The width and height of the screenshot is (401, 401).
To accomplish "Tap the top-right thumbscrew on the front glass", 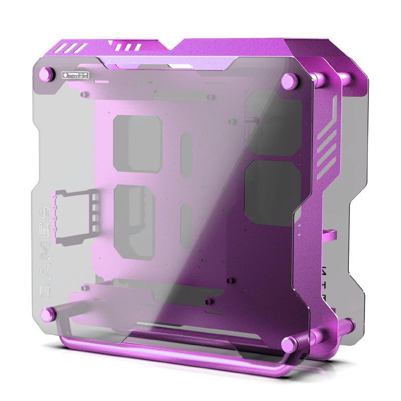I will [x=289, y=80].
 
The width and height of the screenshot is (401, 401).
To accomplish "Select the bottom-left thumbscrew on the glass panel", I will [x=48, y=315].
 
